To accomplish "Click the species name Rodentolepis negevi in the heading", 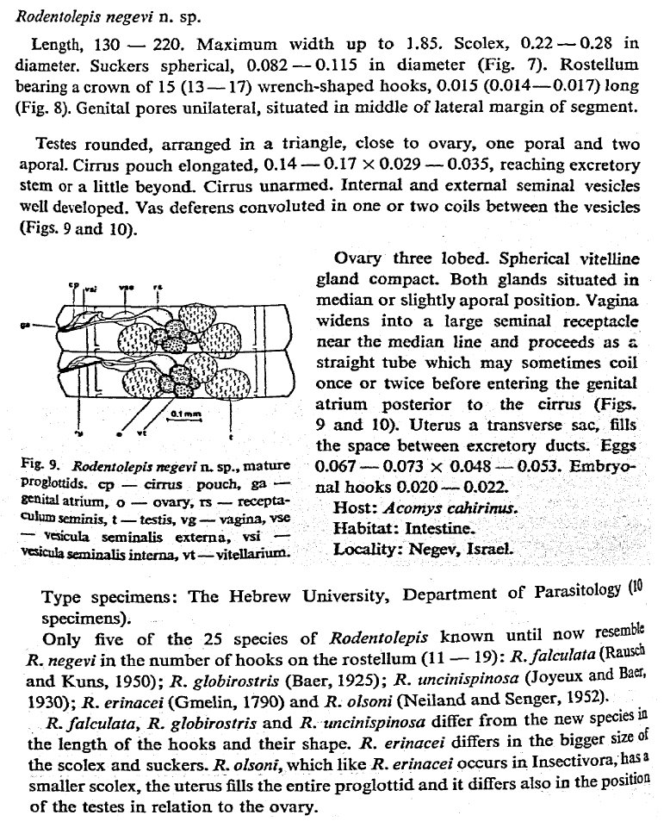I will tap(77, 16).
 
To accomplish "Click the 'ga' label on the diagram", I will tap(27, 326).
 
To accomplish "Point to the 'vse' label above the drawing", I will tap(127, 288).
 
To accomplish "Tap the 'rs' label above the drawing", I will tap(156, 289).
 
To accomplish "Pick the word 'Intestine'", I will tap(441, 528).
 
